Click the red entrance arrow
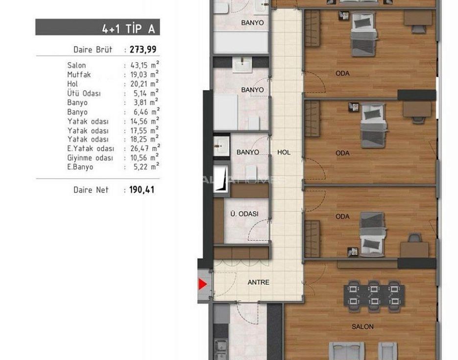202,284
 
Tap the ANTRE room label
259,282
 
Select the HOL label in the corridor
284,152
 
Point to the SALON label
362,327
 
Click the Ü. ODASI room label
244,214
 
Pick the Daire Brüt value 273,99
143,49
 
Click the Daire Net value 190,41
142,190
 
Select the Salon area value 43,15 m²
145,65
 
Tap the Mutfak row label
79,75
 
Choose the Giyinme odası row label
90,158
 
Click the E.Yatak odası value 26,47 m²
145,148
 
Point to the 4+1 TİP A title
128,28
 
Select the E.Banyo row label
80,167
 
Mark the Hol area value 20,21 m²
145,84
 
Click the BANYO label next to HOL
248,152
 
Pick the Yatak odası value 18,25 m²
145,139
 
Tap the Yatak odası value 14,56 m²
145,121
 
